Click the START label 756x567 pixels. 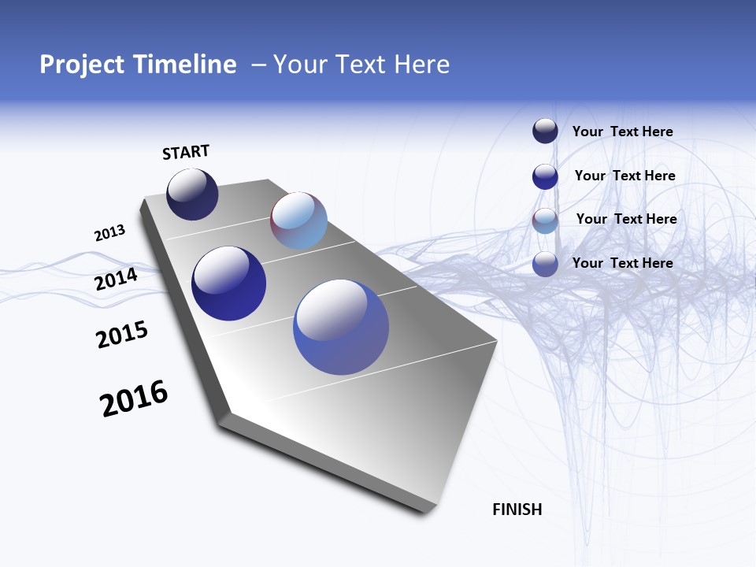click(x=186, y=152)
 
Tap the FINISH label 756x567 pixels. click(x=517, y=510)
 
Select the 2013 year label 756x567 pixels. click(x=109, y=233)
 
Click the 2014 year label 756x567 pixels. click(x=116, y=280)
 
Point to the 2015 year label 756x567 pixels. click(x=121, y=335)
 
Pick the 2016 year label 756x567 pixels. click(x=134, y=398)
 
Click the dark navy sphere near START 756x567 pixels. click(x=192, y=195)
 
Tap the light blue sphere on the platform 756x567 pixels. click(x=298, y=220)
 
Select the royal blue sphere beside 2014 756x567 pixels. click(x=228, y=283)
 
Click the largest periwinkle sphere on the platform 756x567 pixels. click(x=341, y=327)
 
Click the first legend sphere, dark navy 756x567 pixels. click(x=545, y=131)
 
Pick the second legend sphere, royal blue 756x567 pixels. click(x=545, y=176)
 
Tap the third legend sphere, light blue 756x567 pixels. click(x=545, y=220)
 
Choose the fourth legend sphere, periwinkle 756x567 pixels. click(x=545, y=264)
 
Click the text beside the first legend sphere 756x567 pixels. click(x=622, y=132)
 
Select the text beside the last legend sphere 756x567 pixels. click(x=622, y=263)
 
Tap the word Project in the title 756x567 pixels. click(x=80, y=65)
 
